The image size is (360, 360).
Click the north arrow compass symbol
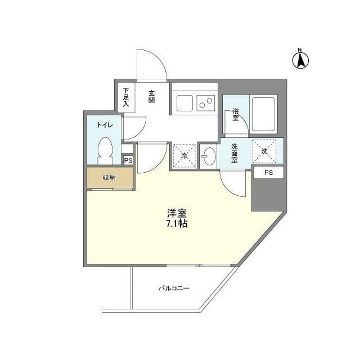click(x=301, y=58)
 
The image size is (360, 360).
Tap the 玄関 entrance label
click(x=152, y=96)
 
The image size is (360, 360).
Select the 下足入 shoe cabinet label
click(x=126, y=97)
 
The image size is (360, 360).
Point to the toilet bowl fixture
click(x=105, y=151)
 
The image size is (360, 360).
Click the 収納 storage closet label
click(x=109, y=178)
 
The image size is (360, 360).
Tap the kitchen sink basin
click(x=184, y=103)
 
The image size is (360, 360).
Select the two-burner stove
click(x=205, y=103)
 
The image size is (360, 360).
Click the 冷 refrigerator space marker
click(x=184, y=156)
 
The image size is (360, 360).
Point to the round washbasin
click(x=209, y=156)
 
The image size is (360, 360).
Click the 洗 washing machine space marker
click(x=264, y=150)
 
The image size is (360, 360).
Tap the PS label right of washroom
click(x=268, y=173)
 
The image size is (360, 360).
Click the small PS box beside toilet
click(x=128, y=160)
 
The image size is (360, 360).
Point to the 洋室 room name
click(x=177, y=213)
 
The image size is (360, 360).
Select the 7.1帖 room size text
click(x=177, y=223)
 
